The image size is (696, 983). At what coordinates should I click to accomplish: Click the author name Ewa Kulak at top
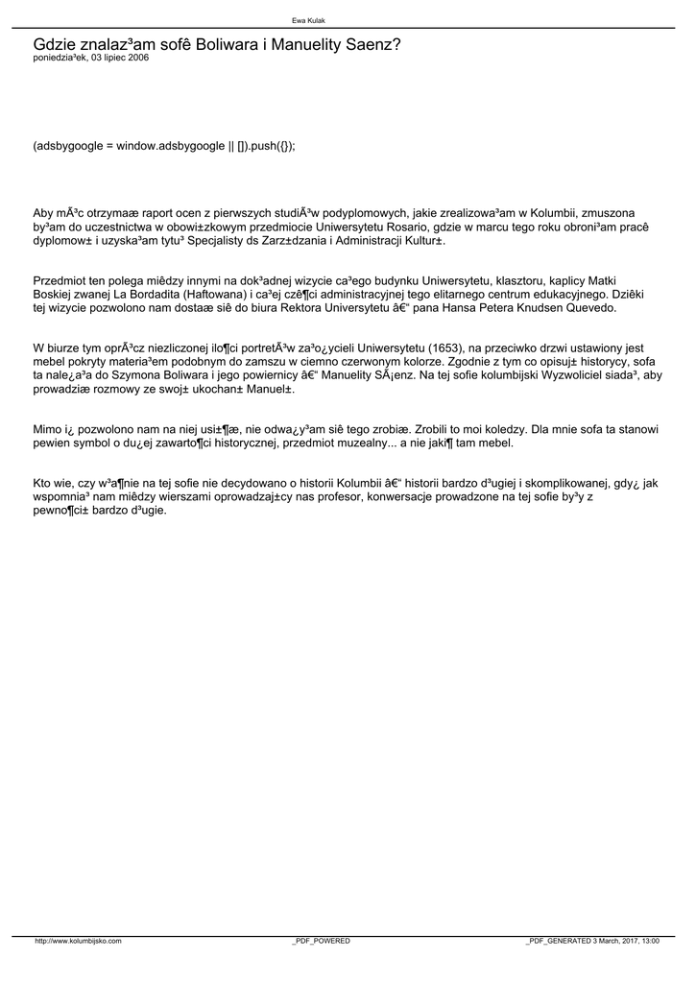[308, 20]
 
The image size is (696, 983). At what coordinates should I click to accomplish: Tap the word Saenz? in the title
[377, 44]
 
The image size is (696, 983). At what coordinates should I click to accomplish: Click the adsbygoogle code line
[164, 146]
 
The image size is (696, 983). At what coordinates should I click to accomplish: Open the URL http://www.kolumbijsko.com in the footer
[79, 942]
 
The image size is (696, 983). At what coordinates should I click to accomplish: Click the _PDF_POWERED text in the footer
[322, 942]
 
